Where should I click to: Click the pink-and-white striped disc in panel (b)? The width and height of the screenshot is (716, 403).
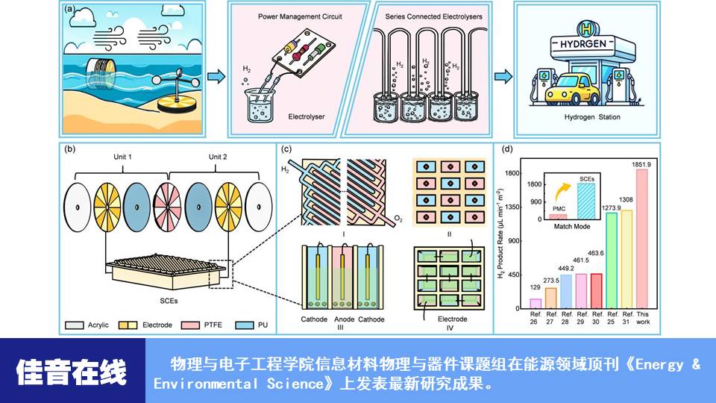tap(167, 205)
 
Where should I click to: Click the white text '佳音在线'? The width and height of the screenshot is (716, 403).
tap(72, 371)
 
